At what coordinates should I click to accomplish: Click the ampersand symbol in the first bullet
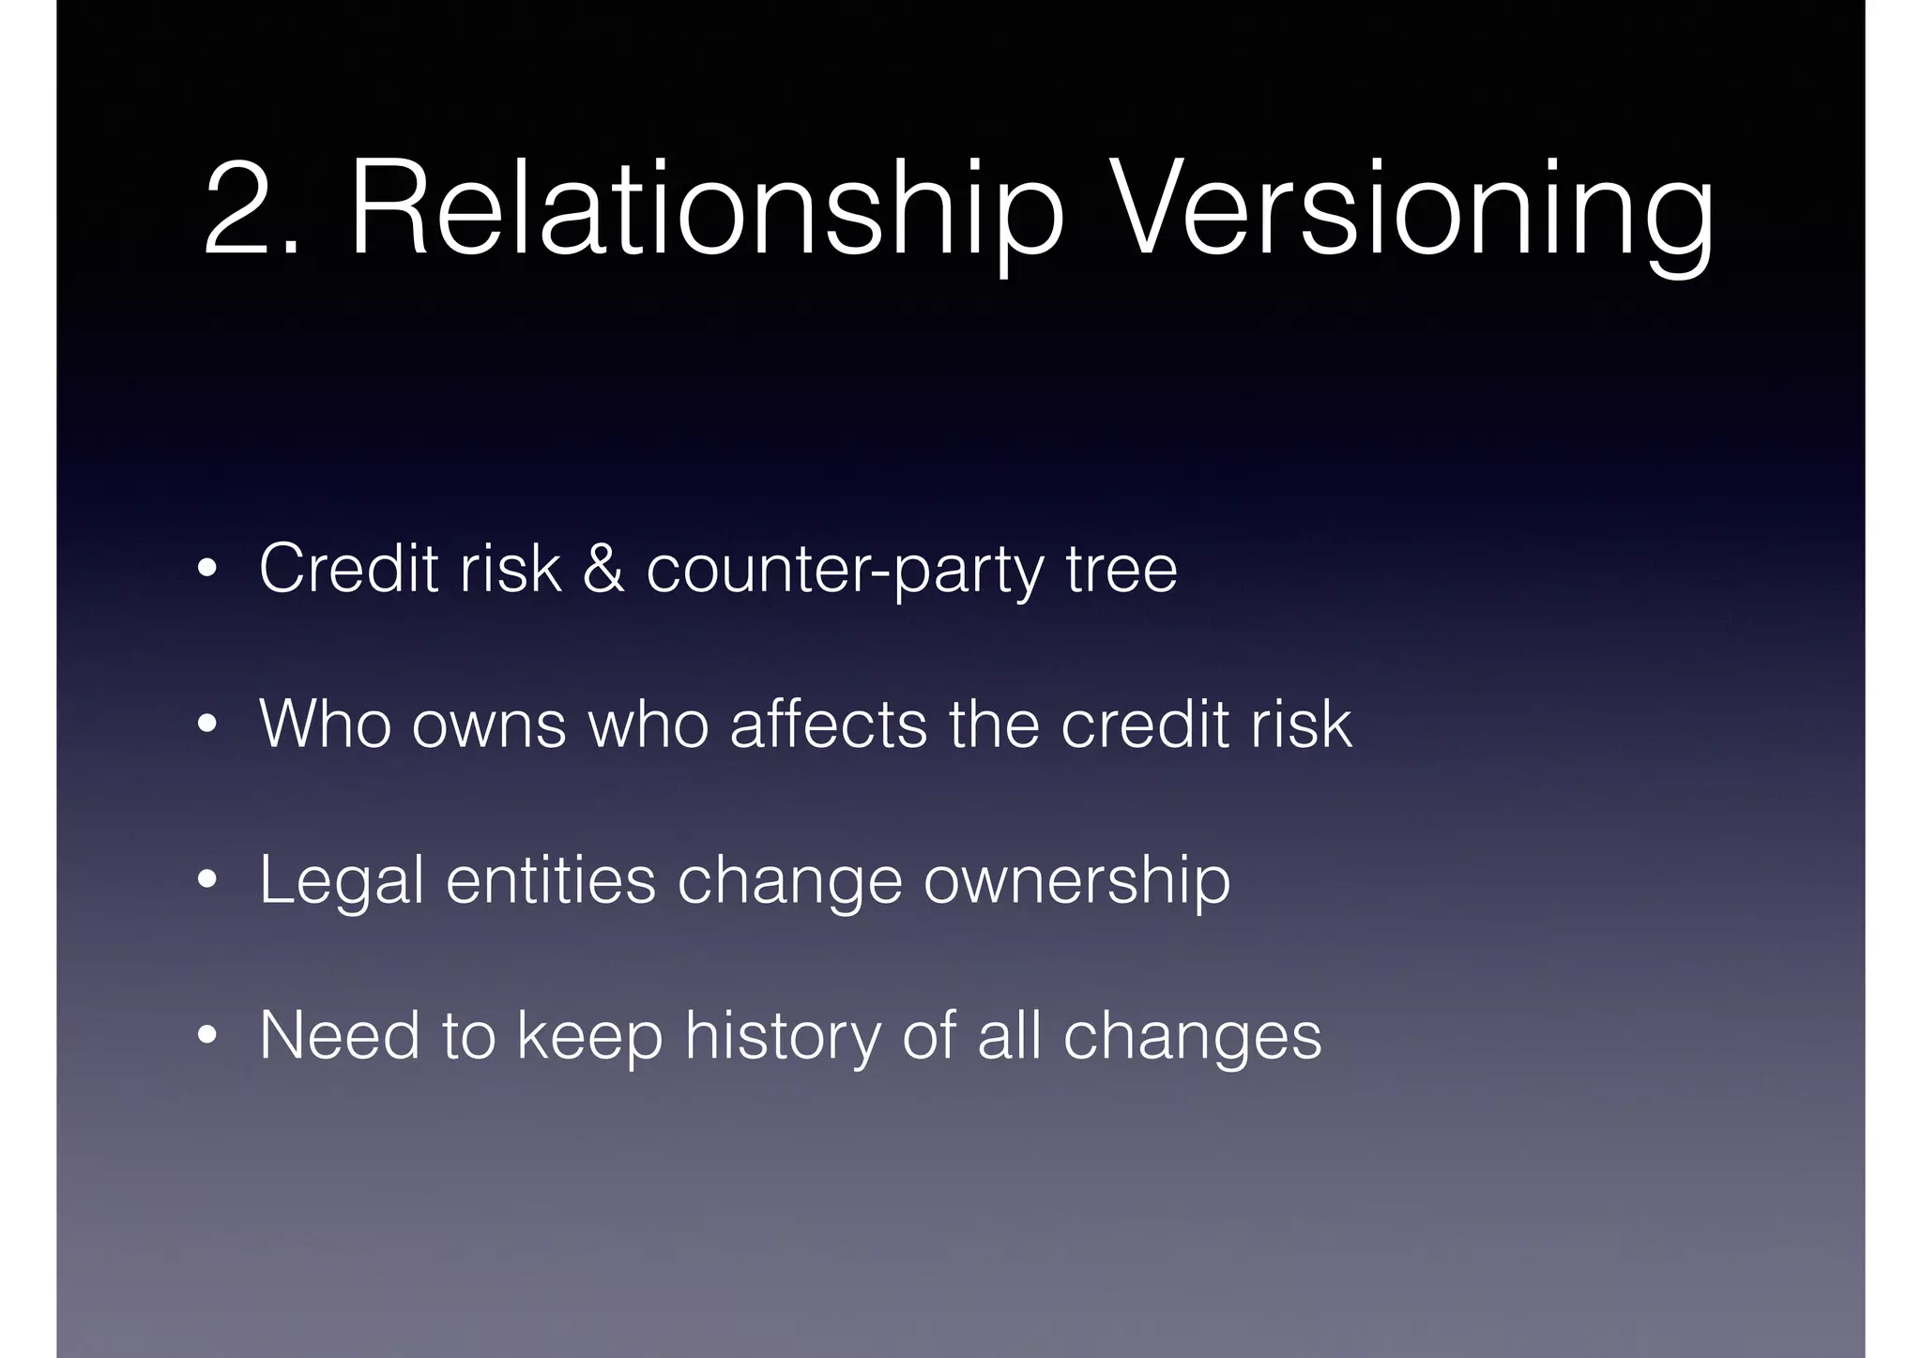tap(603, 568)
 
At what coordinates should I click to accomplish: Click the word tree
tap(1121, 569)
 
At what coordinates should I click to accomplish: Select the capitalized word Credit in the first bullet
tap(348, 568)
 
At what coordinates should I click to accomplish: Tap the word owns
tap(489, 725)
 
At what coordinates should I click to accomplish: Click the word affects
tap(828, 724)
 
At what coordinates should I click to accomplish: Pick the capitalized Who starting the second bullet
tap(325, 724)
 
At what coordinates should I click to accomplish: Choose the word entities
tap(551, 880)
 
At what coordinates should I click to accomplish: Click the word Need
tap(340, 1035)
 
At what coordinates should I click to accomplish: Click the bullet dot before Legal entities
tap(207, 881)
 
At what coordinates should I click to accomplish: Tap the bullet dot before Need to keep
tap(207, 1037)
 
